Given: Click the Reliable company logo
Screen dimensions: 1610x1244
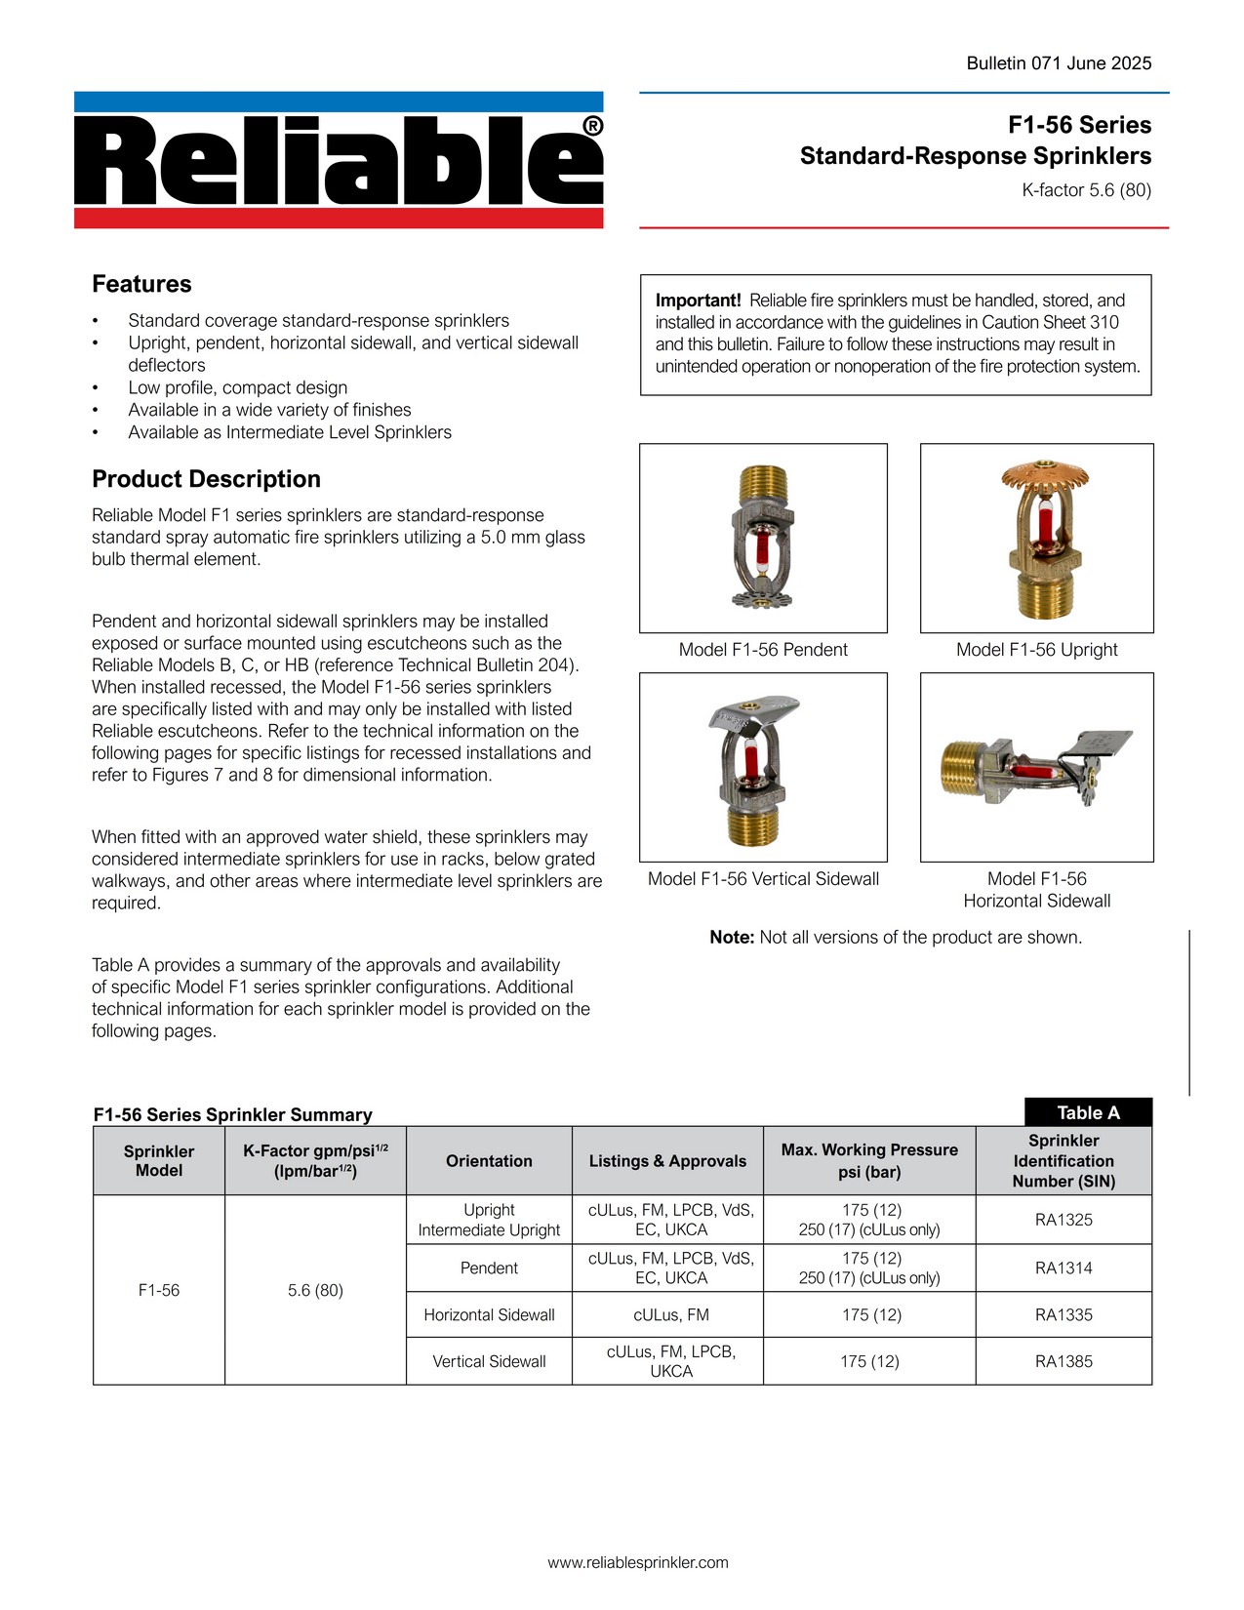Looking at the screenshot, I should (339, 161).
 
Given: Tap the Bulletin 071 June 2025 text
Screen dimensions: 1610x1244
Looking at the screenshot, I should (1059, 63).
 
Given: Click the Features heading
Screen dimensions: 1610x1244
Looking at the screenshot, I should (141, 284).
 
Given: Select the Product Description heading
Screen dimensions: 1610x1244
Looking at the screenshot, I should (206, 479).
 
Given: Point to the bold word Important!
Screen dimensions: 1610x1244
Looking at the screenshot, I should (698, 301).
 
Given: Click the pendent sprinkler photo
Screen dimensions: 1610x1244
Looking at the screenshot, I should (763, 538).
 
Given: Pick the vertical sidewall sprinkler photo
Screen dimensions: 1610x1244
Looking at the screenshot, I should (763, 767).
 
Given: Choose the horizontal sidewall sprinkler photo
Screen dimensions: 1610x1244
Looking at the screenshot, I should (1036, 767).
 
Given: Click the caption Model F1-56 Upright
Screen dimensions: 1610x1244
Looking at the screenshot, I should (1036, 650).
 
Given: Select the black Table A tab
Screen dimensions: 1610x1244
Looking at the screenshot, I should (1088, 1112).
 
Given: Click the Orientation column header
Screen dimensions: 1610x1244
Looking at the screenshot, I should (489, 1161).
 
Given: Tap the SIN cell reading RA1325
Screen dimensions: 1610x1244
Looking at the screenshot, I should (1063, 1220).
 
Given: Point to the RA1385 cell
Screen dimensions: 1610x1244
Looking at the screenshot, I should (1063, 1361).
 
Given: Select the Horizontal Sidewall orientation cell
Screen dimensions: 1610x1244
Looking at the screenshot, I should (489, 1315).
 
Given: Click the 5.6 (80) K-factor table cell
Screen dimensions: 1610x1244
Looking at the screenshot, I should (315, 1290).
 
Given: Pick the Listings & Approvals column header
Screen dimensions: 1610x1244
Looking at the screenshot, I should (667, 1161).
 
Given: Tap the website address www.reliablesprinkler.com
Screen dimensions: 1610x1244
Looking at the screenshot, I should (638, 1562).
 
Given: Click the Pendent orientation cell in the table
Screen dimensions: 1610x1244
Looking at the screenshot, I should (489, 1268).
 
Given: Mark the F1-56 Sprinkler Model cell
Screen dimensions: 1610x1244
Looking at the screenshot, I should (159, 1290).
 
